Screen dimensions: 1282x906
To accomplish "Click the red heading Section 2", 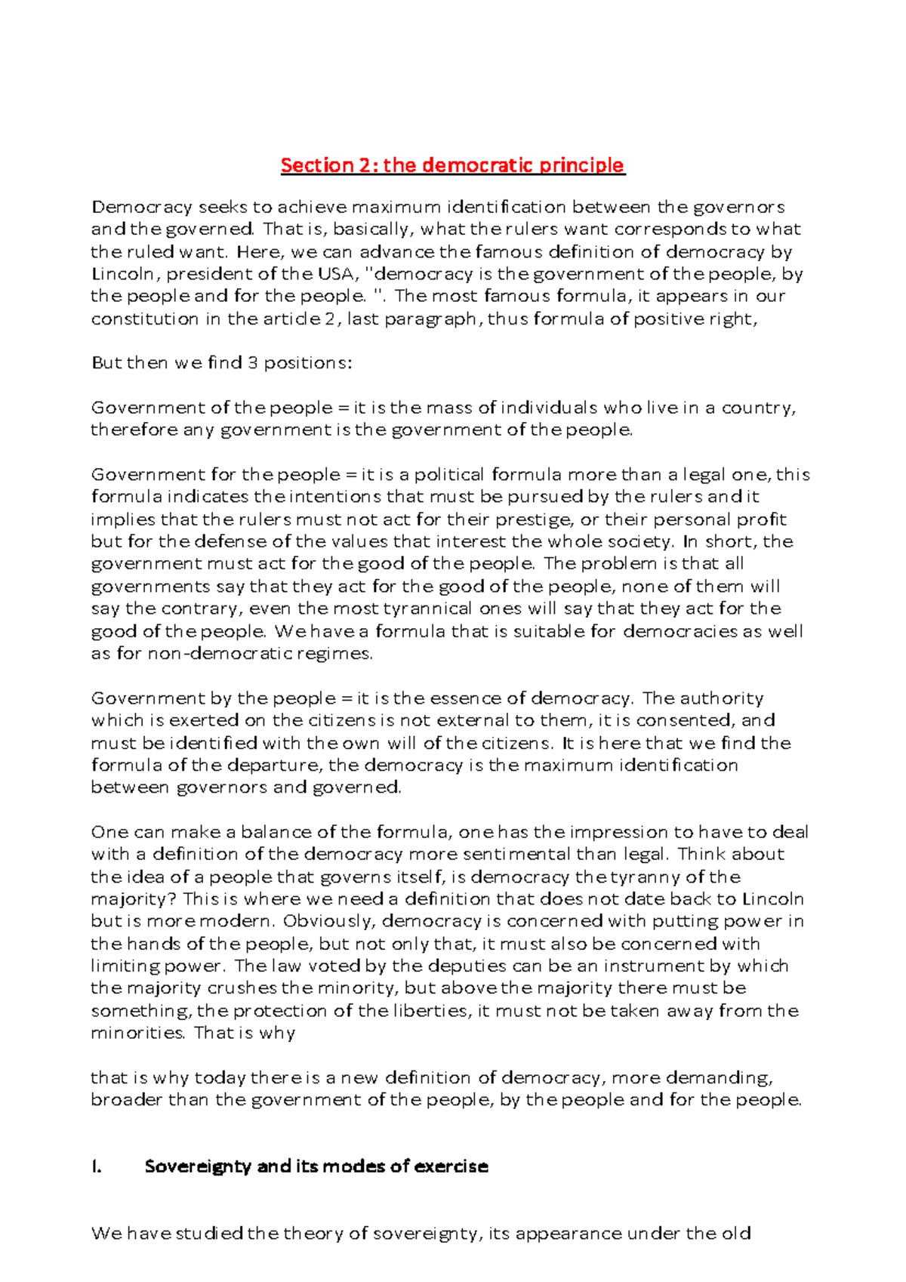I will tap(452, 165).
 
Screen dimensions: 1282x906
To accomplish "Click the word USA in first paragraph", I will tap(333, 273).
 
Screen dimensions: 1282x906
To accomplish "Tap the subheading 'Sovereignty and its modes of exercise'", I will tap(316, 1166).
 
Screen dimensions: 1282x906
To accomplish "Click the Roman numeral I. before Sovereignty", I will tap(96, 1166).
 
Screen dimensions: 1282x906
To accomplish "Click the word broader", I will tap(126, 1099).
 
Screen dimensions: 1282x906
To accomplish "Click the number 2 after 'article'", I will tap(328, 319).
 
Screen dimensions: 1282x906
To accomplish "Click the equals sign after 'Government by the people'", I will tap(347, 698).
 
